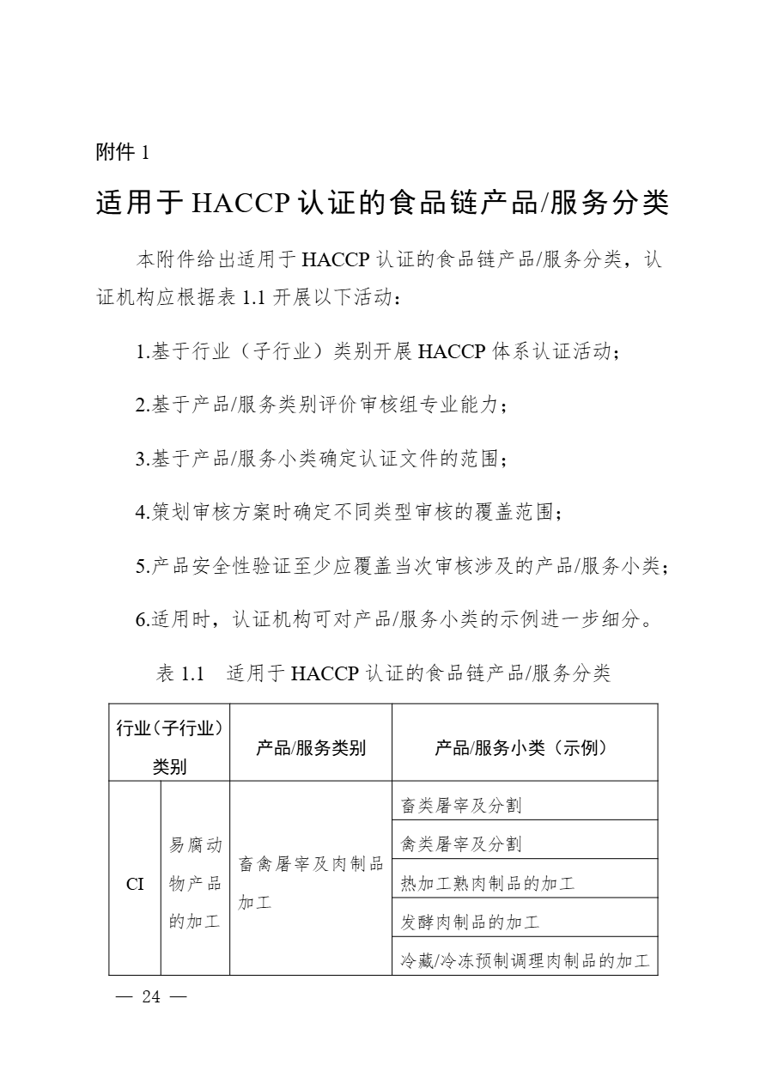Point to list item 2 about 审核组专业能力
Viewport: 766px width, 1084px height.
point(322,405)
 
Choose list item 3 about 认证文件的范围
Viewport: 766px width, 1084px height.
point(322,459)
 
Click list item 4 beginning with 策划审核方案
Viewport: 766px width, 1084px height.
point(350,513)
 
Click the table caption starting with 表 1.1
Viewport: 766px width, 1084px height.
point(383,673)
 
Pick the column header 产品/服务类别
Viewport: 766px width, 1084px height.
point(311,748)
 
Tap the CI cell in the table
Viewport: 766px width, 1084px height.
point(136,883)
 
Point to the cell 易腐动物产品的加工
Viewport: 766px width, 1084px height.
point(195,883)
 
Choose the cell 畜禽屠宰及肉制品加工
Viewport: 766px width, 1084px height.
point(310,883)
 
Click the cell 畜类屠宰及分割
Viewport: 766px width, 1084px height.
point(461,806)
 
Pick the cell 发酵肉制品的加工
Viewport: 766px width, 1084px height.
point(470,923)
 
